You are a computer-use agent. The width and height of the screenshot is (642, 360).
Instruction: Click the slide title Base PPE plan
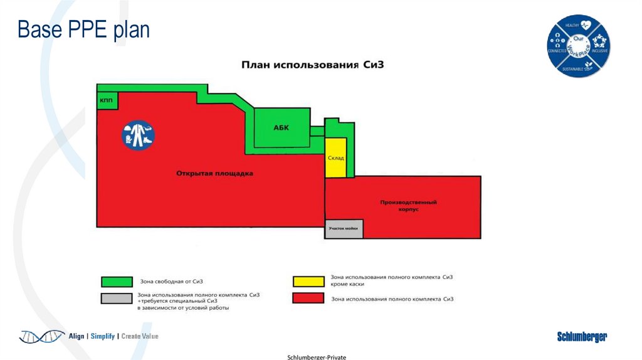pos(83,29)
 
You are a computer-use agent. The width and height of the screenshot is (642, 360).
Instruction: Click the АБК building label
pos(282,127)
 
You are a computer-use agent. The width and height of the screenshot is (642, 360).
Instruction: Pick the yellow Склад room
pos(335,158)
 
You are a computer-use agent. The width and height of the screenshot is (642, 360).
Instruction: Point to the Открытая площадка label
pos(214,174)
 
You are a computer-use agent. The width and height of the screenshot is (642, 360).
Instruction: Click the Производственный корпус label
pos(408,206)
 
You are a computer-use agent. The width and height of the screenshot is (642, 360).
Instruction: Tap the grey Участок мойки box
pos(344,229)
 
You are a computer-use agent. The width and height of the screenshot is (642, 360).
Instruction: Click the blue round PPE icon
pos(139,135)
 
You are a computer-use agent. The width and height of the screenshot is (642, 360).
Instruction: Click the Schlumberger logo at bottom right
pos(582,337)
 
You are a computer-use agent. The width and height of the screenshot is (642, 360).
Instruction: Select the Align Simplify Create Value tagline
pos(113,336)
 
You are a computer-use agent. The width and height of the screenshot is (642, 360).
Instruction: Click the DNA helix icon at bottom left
pos(41,336)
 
